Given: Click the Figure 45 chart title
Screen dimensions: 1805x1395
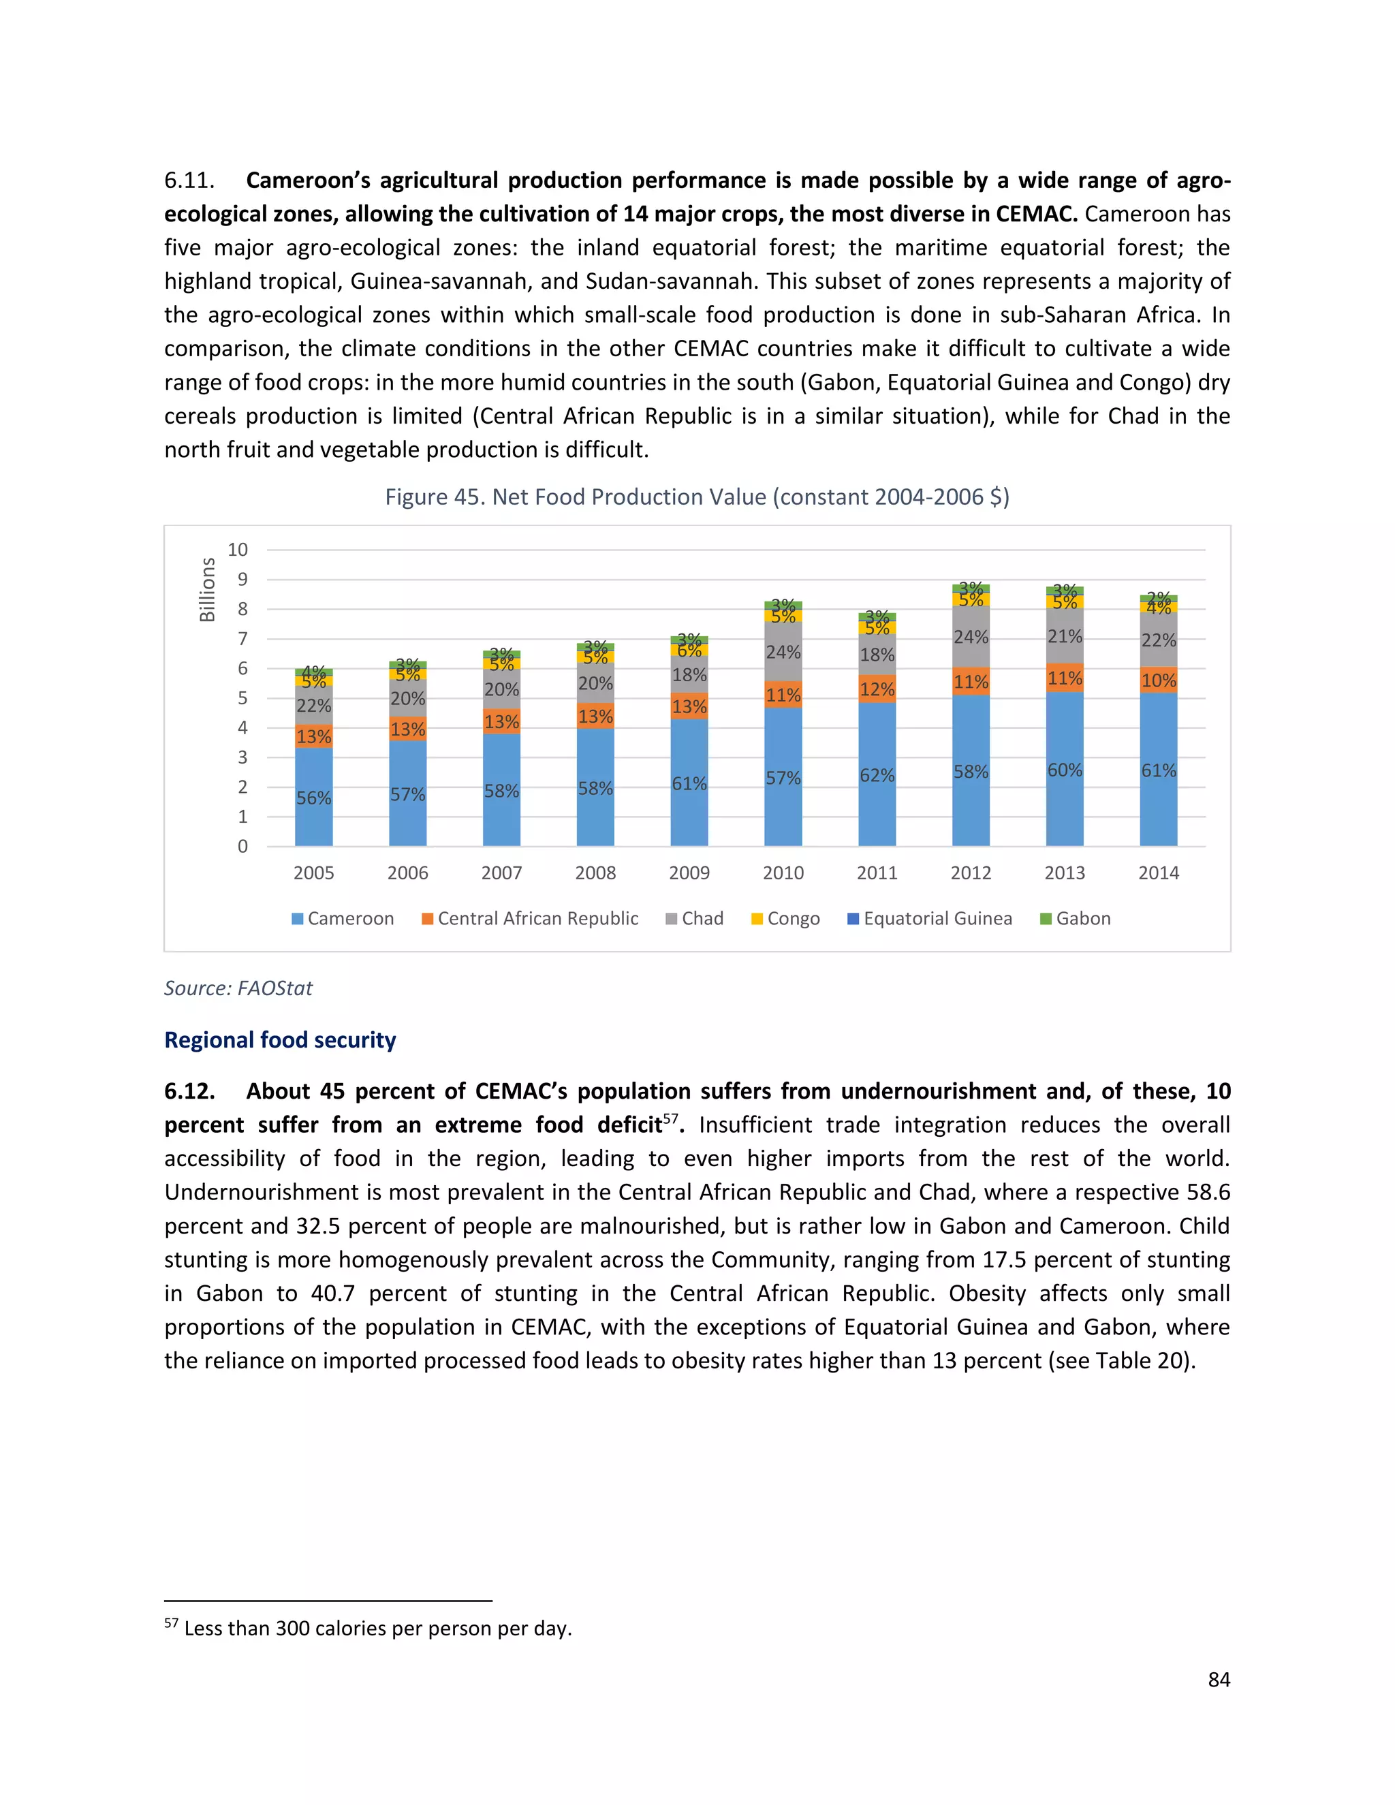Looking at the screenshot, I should coord(697,497).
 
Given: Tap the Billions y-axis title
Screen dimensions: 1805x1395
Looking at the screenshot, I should coord(208,589).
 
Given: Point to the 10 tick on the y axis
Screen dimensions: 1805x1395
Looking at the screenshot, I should coord(237,550).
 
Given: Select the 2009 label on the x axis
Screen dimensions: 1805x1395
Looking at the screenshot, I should coord(689,873).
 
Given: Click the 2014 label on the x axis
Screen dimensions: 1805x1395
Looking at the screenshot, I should coord(1158,873).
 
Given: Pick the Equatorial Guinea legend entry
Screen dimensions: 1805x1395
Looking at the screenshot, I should coord(930,919).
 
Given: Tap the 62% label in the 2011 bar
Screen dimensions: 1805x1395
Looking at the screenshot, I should coord(877,775).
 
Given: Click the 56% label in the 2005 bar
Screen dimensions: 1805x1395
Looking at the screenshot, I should coord(314,798).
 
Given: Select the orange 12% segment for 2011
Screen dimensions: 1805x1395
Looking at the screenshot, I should coord(877,689).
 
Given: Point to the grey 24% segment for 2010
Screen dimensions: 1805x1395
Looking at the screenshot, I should coord(783,652).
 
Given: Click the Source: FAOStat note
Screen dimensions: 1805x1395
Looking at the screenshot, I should coord(238,988).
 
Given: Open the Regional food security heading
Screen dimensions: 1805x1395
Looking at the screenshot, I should coord(280,1039).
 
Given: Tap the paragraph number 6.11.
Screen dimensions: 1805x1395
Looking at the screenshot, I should coord(189,180).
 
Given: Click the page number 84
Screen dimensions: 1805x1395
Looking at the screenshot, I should coord(1219,1680).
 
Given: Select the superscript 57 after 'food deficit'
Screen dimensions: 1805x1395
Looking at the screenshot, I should coord(670,1118).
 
